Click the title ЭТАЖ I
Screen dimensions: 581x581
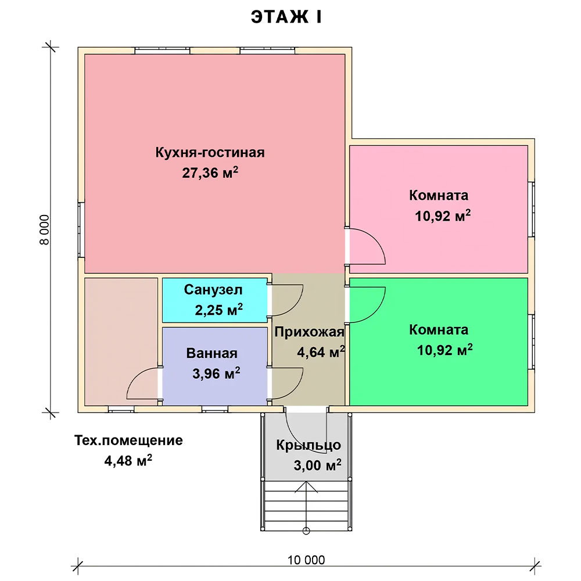[x=286, y=17]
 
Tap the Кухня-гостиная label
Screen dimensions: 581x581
[x=210, y=153]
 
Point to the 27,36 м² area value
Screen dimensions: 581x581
[x=210, y=173]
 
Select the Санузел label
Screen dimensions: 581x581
[x=213, y=290]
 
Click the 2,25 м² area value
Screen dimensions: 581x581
[x=218, y=310]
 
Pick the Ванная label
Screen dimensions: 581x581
[x=211, y=353]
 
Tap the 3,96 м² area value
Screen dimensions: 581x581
[x=216, y=374]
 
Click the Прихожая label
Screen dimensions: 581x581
[x=310, y=332]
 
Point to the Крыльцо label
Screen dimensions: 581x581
[x=309, y=445]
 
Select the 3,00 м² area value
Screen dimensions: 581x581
[x=318, y=465]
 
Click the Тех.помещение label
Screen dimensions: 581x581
[x=128, y=440]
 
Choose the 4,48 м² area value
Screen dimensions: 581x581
[x=128, y=461]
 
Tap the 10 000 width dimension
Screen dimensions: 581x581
[x=306, y=560]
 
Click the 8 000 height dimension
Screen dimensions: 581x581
[x=44, y=229]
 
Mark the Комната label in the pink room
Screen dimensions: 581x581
[x=438, y=195]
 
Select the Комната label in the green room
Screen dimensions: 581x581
[x=438, y=330]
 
